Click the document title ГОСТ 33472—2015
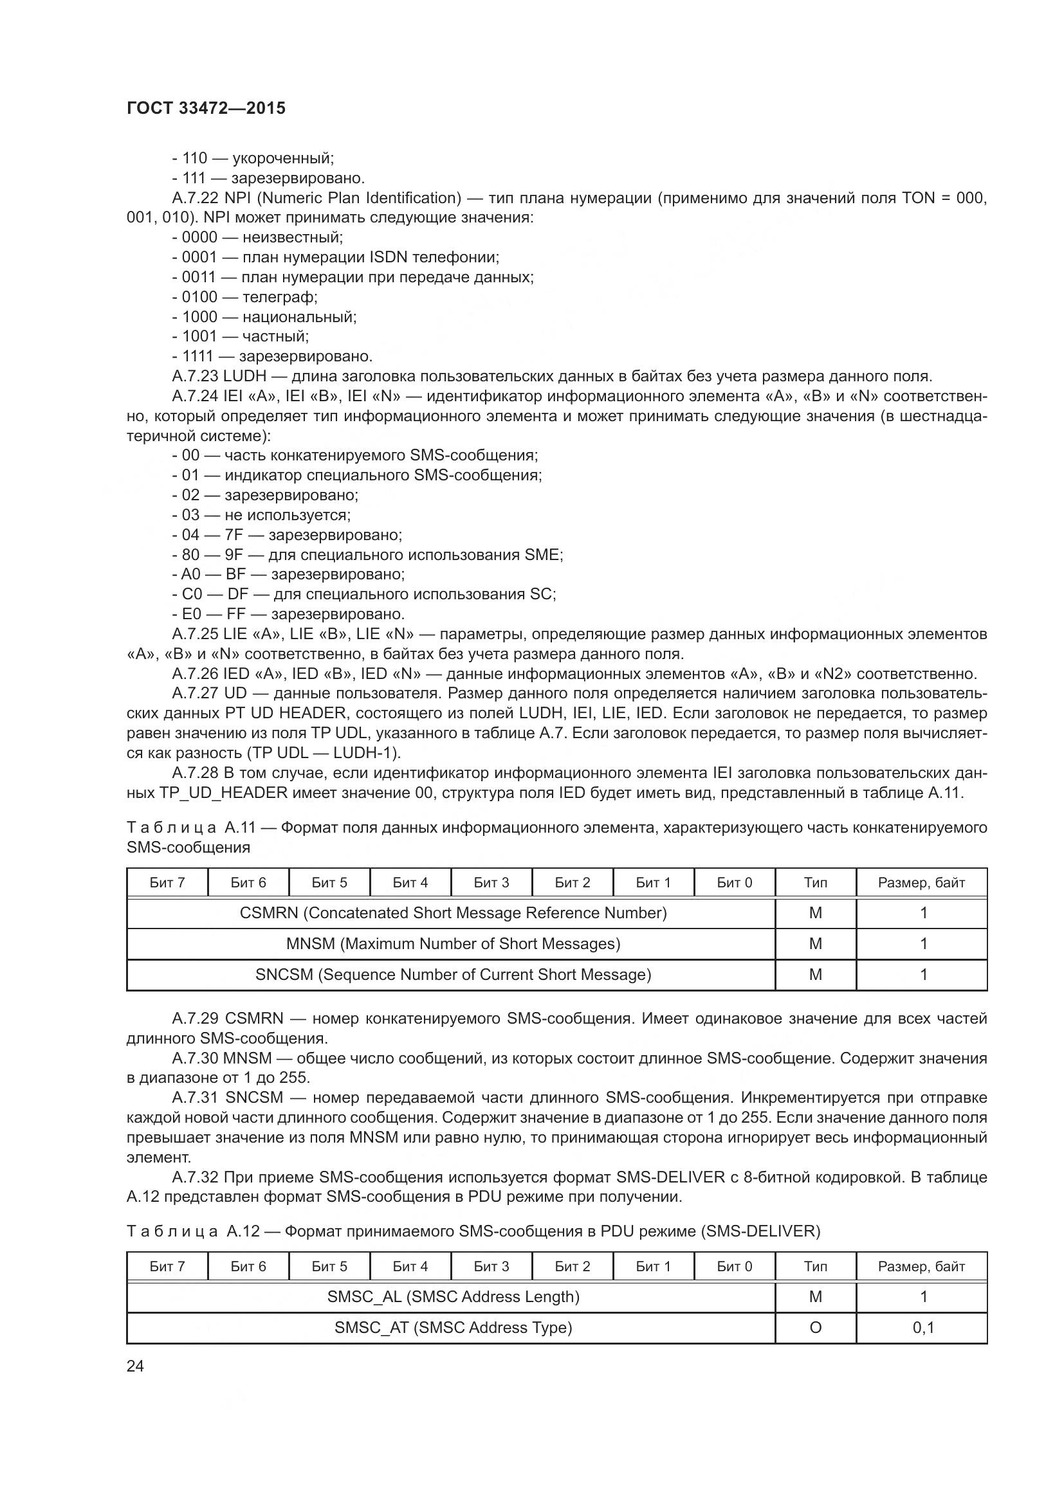(x=206, y=109)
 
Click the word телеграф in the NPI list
(x=280, y=296)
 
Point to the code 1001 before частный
(x=199, y=336)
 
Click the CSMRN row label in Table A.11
(x=453, y=913)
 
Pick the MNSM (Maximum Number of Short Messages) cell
(x=453, y=944)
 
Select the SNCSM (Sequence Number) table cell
(x=453, y=975)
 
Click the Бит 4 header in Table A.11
(x=410, y=882)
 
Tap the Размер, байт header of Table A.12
(x=921, y=1266)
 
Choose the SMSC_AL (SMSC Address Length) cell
(x=453, y=1297)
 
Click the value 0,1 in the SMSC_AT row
(x=923, y=1328)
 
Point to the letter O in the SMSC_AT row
(x=815, y=1328)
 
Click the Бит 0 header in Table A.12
(x=734, y=1266)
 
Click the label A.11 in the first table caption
(x=240, y=828)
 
